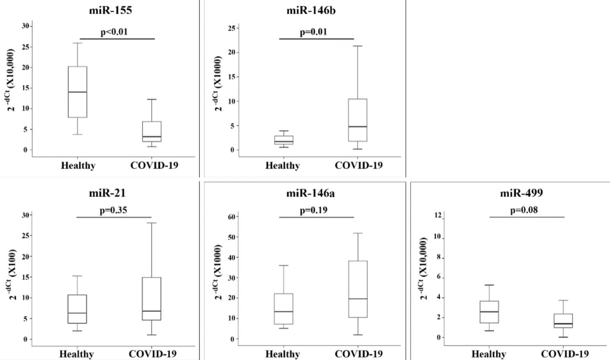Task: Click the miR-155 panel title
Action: tap(110, 10)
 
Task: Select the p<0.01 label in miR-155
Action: tap(114, 32)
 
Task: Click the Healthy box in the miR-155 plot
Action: tap(78, 92)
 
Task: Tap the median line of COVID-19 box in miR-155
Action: tap(152, 137)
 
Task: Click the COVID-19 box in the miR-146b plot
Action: tap(357, 120)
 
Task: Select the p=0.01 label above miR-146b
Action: tap(313, 32)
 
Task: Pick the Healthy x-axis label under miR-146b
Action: tap(283, 165)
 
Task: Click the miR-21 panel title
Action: tap(107, 193)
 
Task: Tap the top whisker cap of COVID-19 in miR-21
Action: tap(152, 223)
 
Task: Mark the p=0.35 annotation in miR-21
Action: tap(113, 210)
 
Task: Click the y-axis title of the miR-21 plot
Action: tap(13, 275)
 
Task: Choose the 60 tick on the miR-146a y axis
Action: tap(231, 217)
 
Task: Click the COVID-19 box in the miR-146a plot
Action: tap(358, 289)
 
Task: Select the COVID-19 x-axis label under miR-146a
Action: tap(359, 354)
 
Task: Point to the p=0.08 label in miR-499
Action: tap(524, 210)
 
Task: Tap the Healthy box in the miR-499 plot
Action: tap(489, 312)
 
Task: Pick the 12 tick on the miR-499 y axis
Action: tap(438, 216)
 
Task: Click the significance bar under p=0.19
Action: tap(316, 217)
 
